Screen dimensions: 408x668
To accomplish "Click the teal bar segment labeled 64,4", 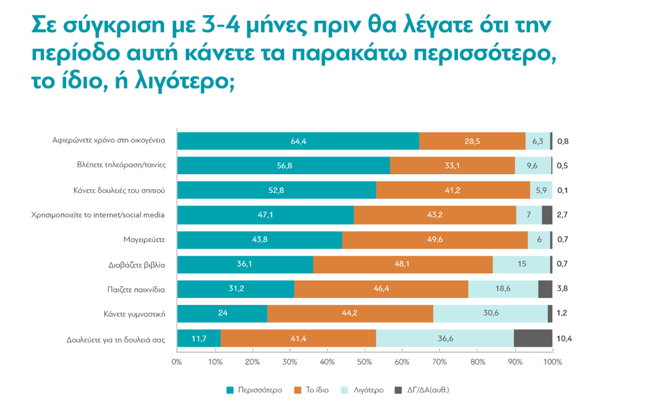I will tap(299, 141).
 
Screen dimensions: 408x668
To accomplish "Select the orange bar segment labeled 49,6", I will tap(435, 240).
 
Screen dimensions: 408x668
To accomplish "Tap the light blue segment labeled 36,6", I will tap(445, 338).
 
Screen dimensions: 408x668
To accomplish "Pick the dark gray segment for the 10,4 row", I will tap(533, 338).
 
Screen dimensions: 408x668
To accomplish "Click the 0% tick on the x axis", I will tap(177, 362).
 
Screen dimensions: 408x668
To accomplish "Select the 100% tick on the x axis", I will tap(552, 362).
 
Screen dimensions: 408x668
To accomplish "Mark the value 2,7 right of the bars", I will tap(563, 215).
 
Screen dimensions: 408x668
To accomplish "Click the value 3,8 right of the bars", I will tap(563, 289).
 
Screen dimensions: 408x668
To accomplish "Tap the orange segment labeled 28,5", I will tap(472, 141).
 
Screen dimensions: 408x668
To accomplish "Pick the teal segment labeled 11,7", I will tap(199, 338).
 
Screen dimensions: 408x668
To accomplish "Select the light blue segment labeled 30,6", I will tap(491, 314).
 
